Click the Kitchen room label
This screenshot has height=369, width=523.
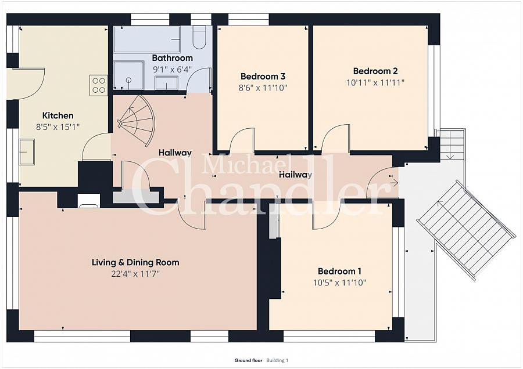[x=58, y=115]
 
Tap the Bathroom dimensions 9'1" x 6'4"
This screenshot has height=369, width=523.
[x=173, y=70]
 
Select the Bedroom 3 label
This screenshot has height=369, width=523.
[x=263, y=76]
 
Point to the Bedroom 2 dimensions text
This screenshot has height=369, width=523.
[x=375, y=82]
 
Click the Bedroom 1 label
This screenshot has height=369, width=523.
[x=339, y=271]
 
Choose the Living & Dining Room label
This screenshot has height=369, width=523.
[x=135, y=262]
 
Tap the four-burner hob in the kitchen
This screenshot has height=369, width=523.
[x=99, y=85]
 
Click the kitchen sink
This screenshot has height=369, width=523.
[x=27, y=152]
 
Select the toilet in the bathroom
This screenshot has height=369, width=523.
[x=200, y=38]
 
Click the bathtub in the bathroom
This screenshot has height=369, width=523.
[x=147, y=39]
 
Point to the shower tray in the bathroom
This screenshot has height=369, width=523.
[x=129, y=75]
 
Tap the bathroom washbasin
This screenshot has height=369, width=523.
[x=166, y=83]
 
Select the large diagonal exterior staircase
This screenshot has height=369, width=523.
[x=466, y=230]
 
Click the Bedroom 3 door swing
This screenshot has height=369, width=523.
[x=242, y=140]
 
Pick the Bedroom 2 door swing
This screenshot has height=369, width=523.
[x=335, y=138]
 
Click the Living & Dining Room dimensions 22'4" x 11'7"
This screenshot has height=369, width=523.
[x=135, y=274]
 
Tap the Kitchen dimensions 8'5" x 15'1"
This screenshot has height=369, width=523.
[x=58, y=127]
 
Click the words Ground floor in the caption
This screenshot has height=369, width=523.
[x=248, y=360]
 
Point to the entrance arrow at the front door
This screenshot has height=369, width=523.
[x=394, y=183]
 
